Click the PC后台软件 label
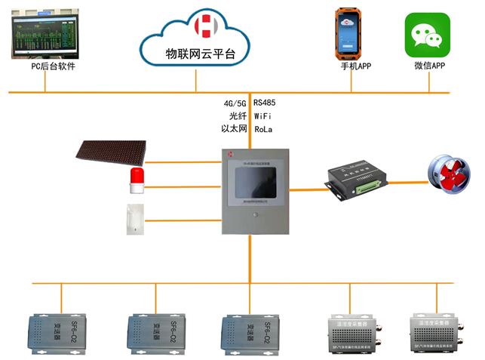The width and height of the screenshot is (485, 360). [53, 66]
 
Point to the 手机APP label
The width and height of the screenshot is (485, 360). [356, 66]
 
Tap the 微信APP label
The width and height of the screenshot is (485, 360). [428, 66]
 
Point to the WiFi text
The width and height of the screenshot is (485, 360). [263, 116]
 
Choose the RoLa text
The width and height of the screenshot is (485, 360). [263, 130]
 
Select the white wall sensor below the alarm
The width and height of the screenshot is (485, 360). [134, 220]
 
